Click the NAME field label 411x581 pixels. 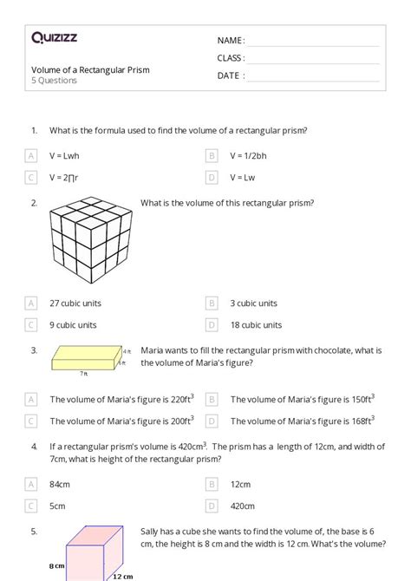(x=231, y=40)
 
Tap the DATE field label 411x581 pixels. (x=230, y=75)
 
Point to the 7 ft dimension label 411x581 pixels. (x=84, y=373)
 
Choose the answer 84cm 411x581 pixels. (x=61, y=484)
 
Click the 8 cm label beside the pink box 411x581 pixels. (x=57, y=566)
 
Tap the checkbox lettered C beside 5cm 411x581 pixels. (x=31, y=506)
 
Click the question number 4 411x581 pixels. (x=34, y=447)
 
